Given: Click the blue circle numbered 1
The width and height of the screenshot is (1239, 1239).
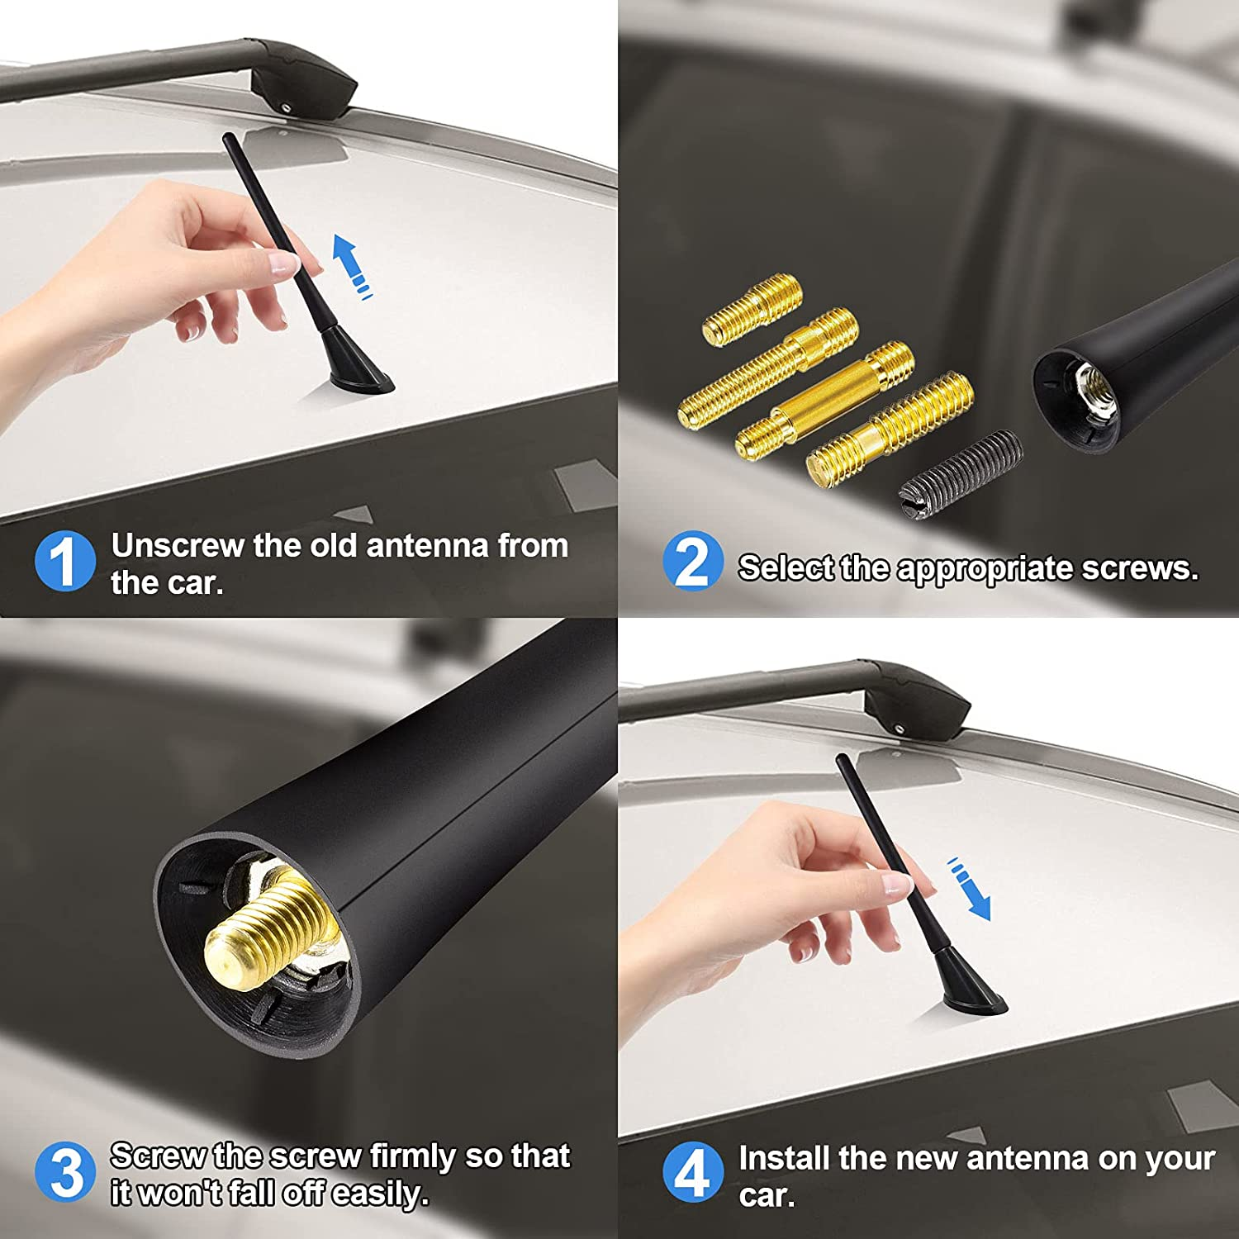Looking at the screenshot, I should click(64, 562).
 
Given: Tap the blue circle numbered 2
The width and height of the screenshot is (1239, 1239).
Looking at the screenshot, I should click(692, 562).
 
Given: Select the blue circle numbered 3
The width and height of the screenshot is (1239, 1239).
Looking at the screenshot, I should click(64, 1171).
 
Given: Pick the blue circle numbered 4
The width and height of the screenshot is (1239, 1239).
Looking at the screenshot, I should click(692, 1173).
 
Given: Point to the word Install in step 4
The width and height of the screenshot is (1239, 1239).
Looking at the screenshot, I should click(784, 1158).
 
